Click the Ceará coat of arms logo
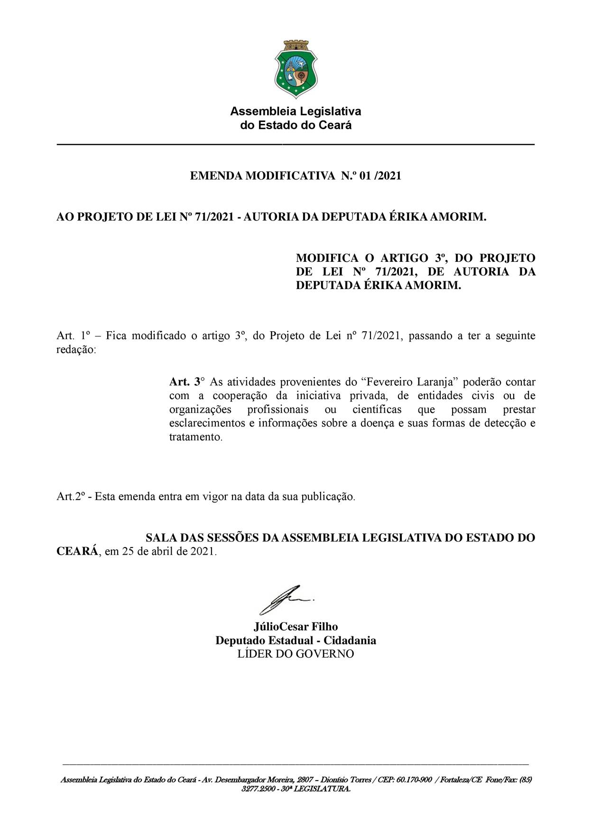click(x=296, y=69)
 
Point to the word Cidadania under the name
click(x=350, y=641)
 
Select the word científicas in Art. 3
click(x=377, y=409)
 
